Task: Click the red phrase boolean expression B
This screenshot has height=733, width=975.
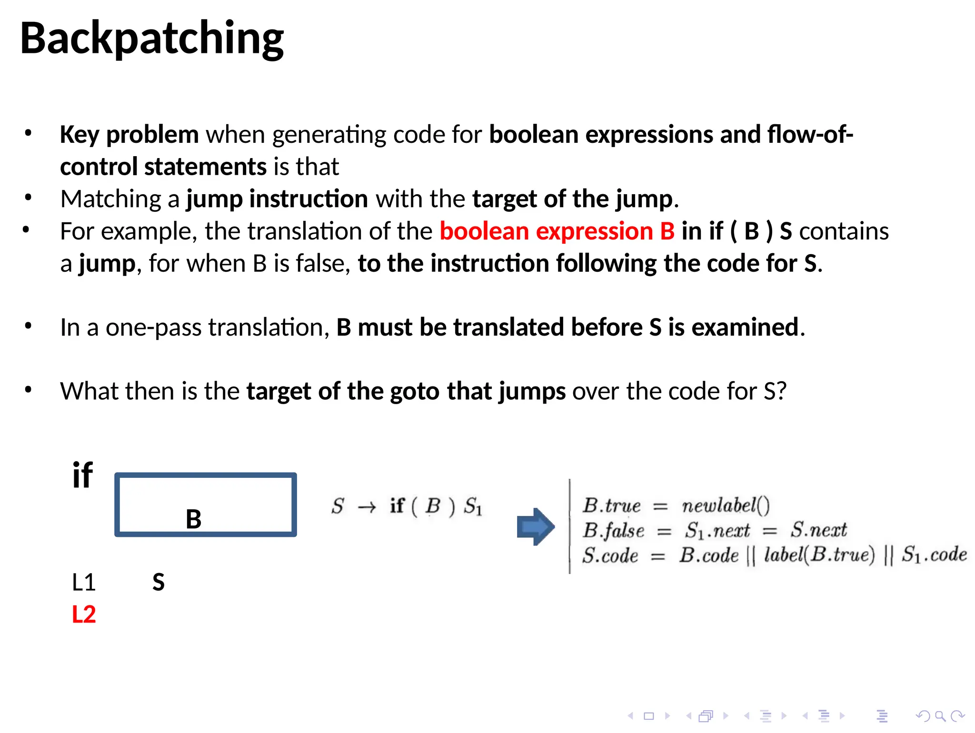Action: click(557, 231)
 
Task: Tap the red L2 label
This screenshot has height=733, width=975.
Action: click(84, 614)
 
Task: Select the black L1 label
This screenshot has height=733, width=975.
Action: click(84, 582)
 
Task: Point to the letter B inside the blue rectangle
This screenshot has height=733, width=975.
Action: click(193, 519)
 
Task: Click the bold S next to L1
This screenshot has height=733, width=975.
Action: click(159, 582)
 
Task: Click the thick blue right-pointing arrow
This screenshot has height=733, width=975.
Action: click(536, 526)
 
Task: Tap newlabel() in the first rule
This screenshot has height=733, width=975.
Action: click(726, 505)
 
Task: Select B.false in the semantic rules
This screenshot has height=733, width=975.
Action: click(613, 530)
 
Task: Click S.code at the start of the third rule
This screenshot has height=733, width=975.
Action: click(610, 555)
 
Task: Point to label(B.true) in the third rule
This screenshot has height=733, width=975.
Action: click(819, 555)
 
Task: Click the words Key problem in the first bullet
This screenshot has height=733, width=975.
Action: click(129, 135)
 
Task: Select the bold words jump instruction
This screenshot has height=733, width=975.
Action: click(277, 199)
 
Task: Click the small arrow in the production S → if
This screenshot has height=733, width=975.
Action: click(367, 507)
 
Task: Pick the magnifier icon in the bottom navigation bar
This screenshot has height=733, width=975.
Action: click(940, 716)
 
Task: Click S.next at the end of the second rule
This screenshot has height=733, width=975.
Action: click(819, 530)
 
